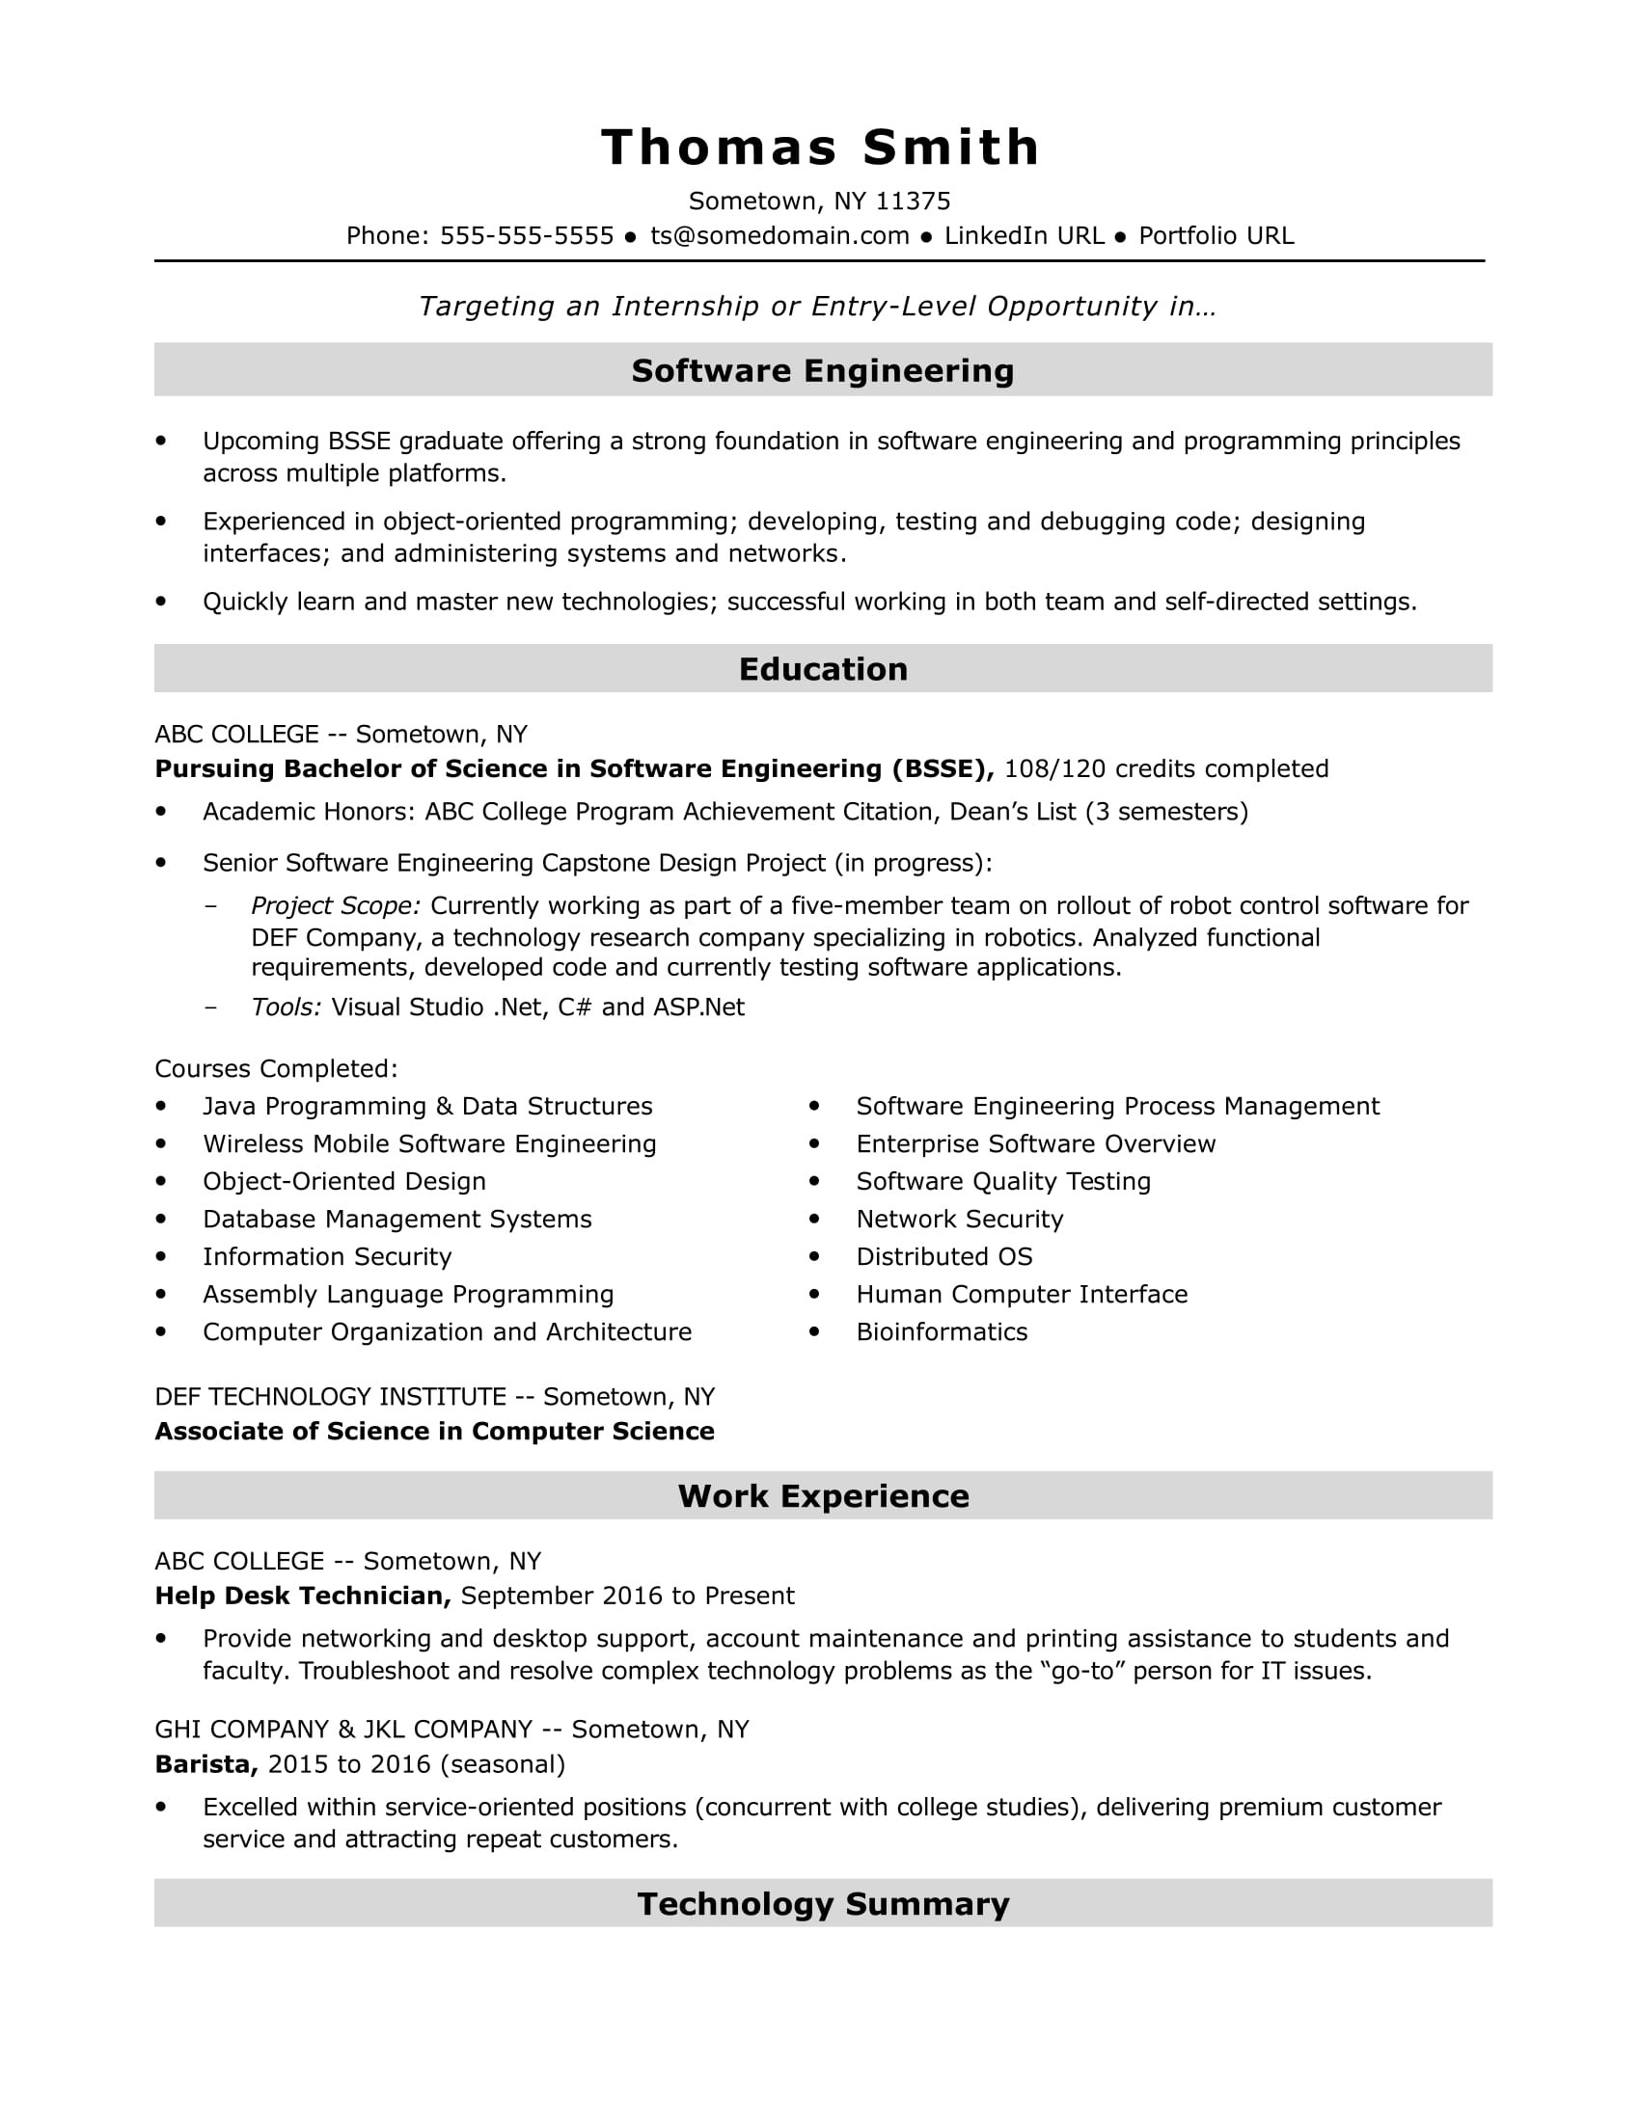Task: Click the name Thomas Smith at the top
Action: [x=820, y=148]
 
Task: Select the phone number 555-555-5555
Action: [x=526, y=236]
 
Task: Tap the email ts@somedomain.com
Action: [x=779, y=236]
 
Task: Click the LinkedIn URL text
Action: [x=1023, y=236]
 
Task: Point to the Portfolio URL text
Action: [x=1216, y=236]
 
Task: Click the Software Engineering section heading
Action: [x=822, y=370]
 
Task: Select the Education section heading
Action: [x=822, y=669]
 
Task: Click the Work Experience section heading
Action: [x=822, y=1495]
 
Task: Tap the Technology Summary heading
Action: [x=822, y=1903]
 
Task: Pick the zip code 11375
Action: [x=913, y=201]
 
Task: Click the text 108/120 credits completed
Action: [x=1165, y=769]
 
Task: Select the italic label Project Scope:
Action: [x=335, y=906]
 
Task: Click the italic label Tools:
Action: [x=286, y=1007]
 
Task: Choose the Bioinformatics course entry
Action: [x=941, y=1331]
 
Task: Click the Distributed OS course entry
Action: [x=943, y=1256]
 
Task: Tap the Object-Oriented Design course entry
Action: [x=344, y=1182]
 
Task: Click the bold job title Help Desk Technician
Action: [x=302, y=1596]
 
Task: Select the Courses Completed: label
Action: [x=276, y=1069]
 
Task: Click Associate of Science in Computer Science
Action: [x=434, y=1432]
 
